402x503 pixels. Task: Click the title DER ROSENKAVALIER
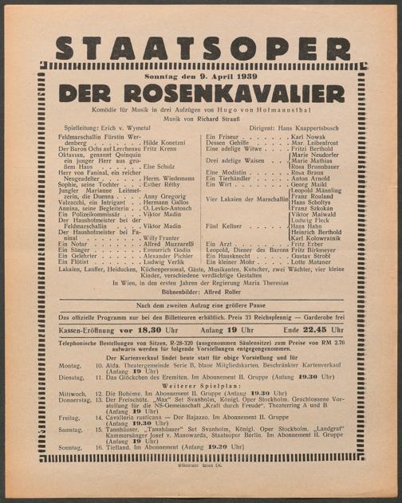coord(201,91)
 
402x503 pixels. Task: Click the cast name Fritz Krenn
coord(160,149)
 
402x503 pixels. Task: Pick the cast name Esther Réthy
coord(162,183)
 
